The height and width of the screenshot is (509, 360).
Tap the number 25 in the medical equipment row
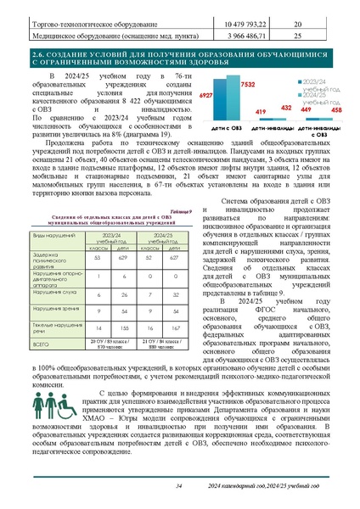pos(296,36)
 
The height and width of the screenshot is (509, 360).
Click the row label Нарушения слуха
pos(53,293)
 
